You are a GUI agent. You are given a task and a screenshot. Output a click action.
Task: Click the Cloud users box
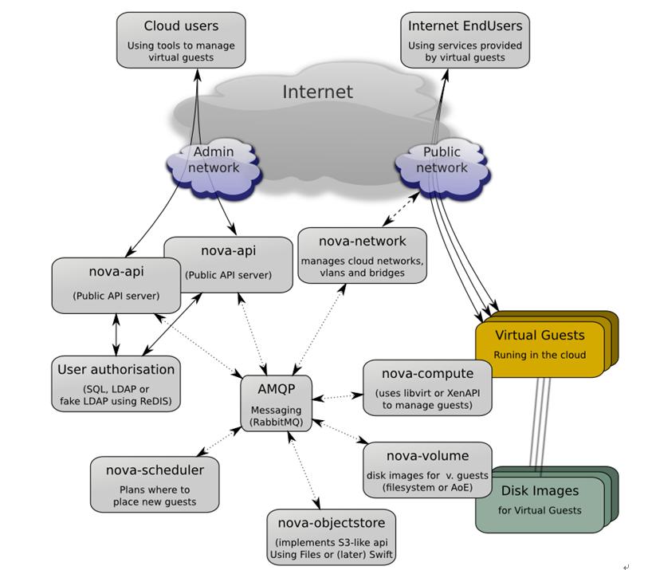(x=181, y=39)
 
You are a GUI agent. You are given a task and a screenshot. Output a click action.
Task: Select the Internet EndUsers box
(x=465, y=39)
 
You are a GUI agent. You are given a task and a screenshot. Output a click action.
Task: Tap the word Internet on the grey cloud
(x=317, y=92)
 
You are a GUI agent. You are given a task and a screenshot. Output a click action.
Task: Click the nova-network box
(x=363, y=255)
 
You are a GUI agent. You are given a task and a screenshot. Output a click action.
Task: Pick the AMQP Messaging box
(x=277, y=403)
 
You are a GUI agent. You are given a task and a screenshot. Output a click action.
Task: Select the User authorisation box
(x=116, y=384)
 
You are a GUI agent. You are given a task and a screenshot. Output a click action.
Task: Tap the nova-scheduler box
(x=155, y=484)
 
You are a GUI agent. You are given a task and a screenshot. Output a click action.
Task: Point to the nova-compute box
(x=427, y=387)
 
